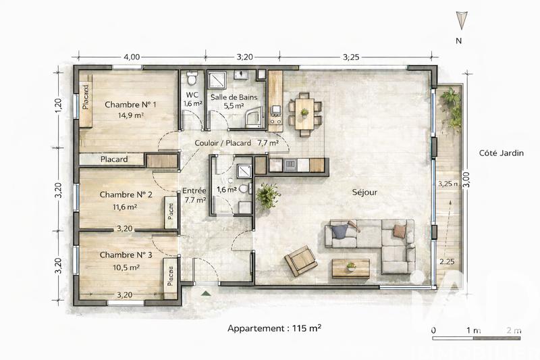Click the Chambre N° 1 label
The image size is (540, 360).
[x=130, y=105]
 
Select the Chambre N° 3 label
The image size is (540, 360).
[x=126, y=255]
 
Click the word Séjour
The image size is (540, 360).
[x=364, y=192]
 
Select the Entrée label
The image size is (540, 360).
[x=194, y=190]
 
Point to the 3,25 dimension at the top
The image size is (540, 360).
[x=351, y=57]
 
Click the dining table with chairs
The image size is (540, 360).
[x=304, y=113]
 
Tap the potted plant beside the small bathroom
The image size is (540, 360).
[x=268, y=196]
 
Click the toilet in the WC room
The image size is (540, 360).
[x=192, y=76]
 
